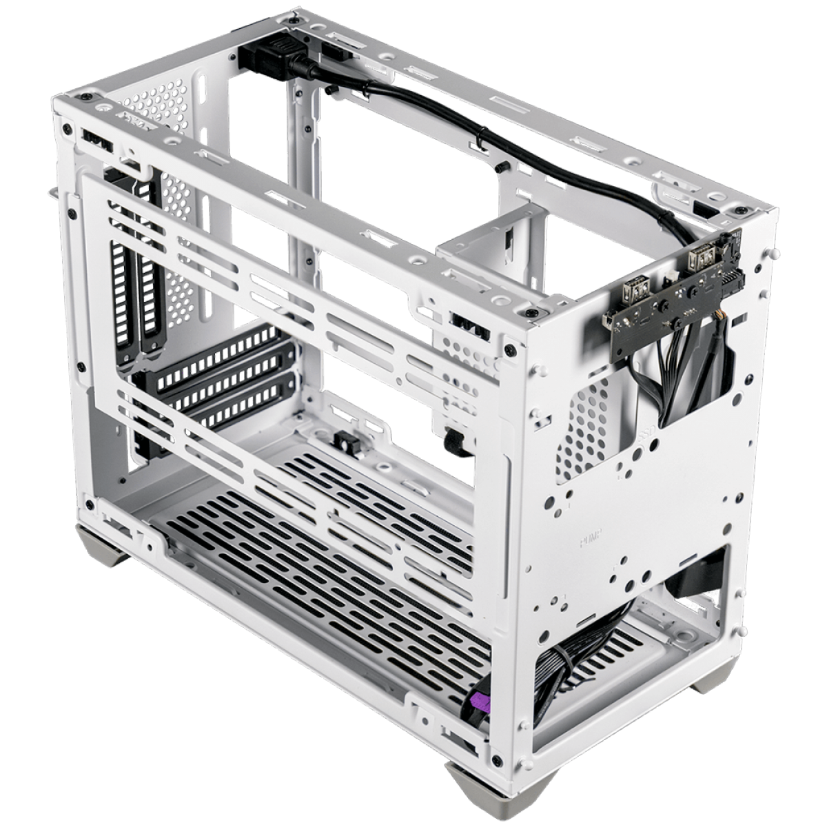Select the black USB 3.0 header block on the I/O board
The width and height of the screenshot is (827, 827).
click(728, 283)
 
